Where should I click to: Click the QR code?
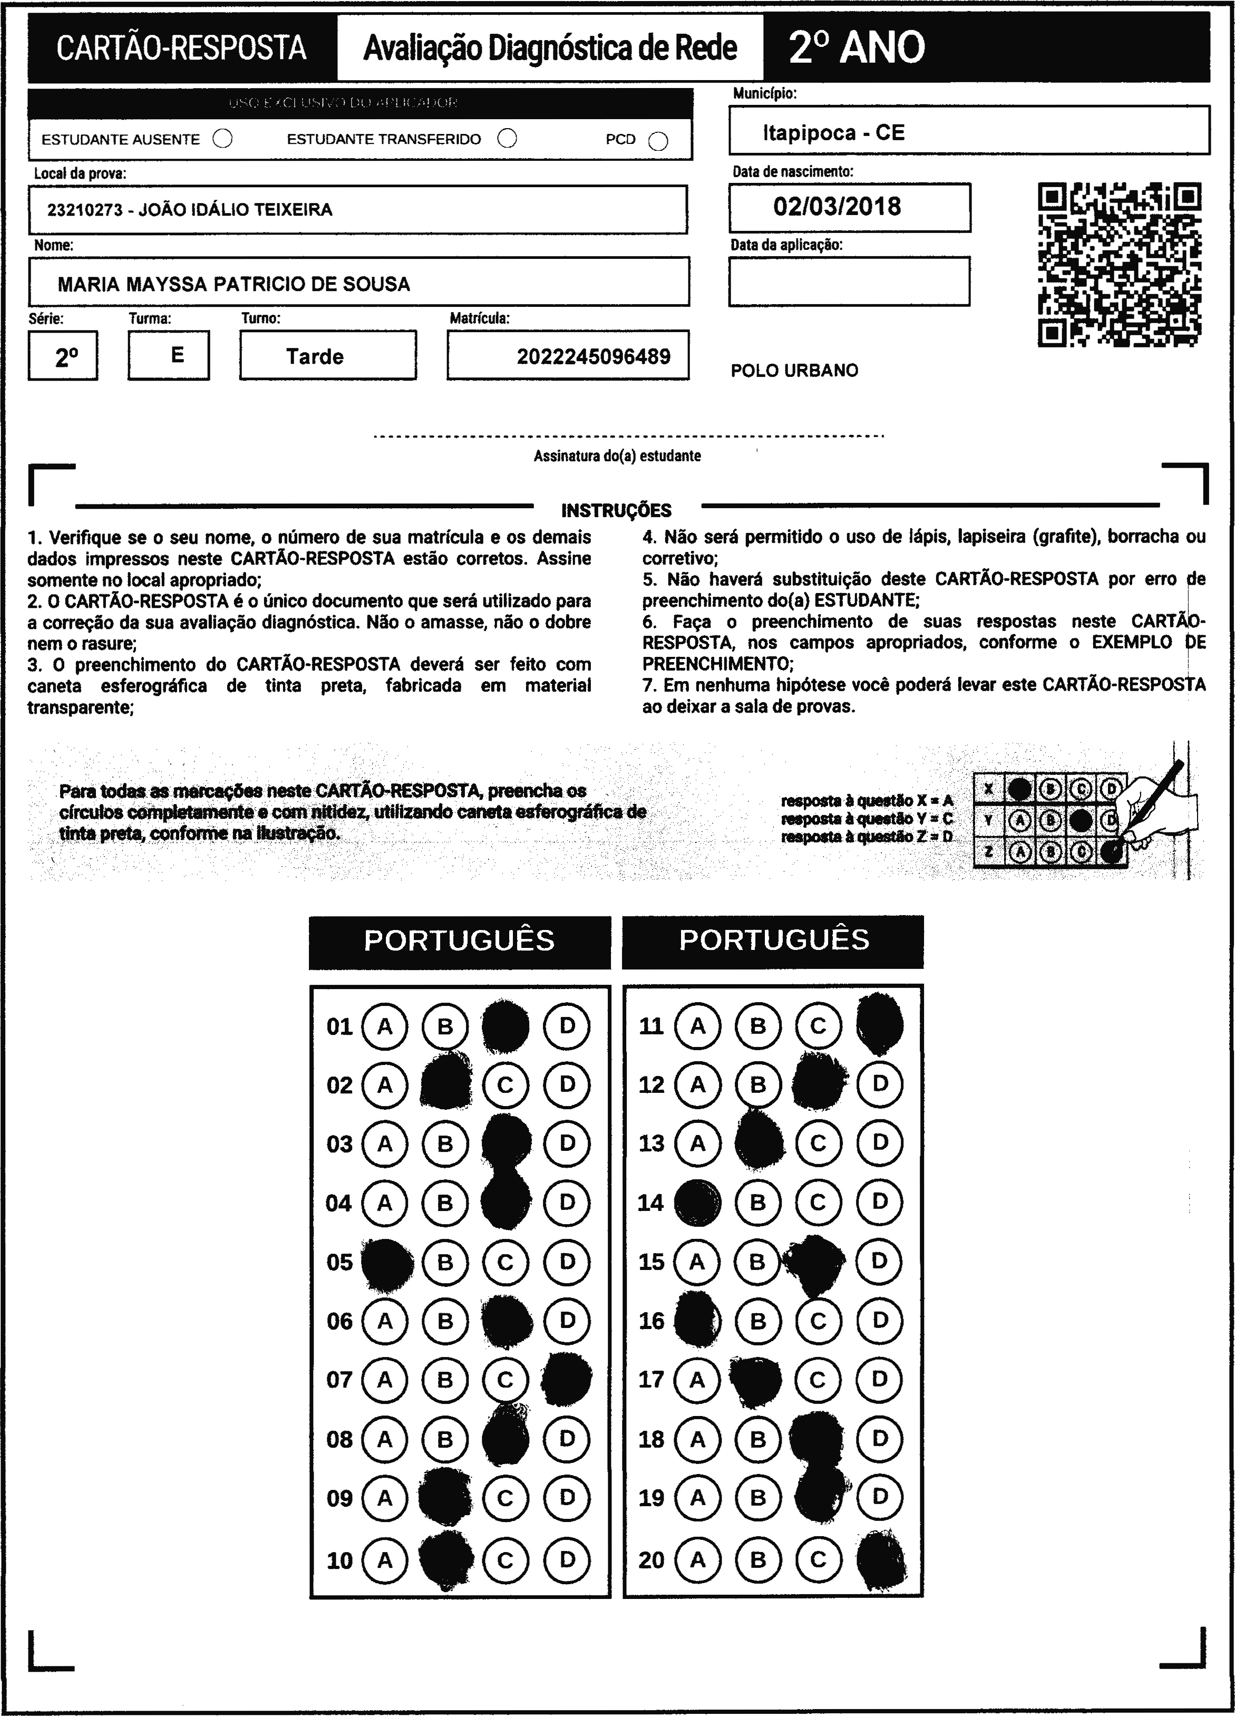[x=1119, y=265]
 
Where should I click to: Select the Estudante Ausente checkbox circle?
[x=222, y=139]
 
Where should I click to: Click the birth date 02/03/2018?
[x=837, y=207]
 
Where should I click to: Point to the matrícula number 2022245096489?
[x=594, y=356]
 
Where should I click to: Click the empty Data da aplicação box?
[x=849, y=282]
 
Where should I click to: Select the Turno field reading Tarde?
[x=315, y=356]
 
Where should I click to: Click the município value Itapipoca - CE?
[x=833, y=133]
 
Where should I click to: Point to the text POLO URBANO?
[x=794, y=371]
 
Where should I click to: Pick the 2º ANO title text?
[x=857, y=47]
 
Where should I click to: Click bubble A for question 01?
[x=385, y=1027]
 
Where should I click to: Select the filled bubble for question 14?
[x=696, y=1203]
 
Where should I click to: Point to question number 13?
[x=651, y=1143]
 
